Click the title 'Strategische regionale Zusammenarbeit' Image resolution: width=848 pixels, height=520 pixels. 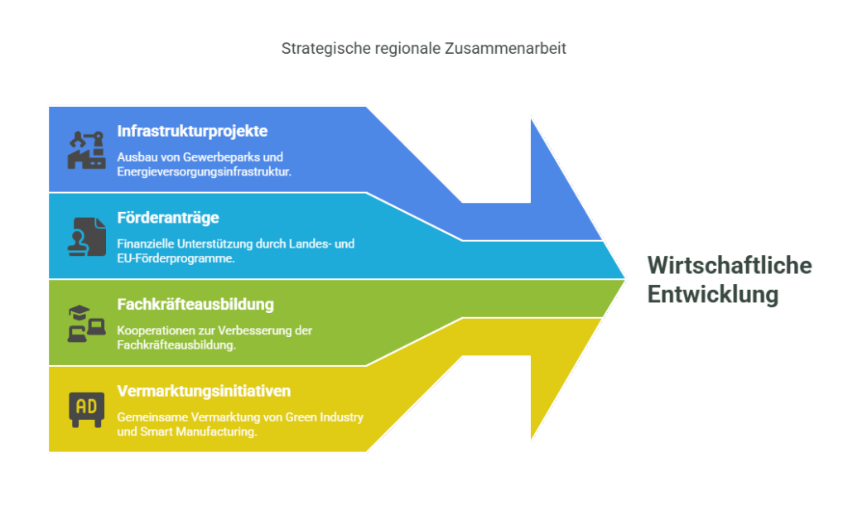click(423, 49)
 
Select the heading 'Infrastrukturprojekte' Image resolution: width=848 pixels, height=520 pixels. click(192, 132)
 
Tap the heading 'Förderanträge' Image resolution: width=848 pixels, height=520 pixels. click(168, 217)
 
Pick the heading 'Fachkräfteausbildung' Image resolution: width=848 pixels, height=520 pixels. click(195, 305)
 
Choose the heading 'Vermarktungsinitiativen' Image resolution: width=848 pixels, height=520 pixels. click(204, 391)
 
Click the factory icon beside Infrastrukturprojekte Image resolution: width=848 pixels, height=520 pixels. click(86, 150)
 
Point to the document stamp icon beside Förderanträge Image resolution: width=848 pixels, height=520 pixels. click(86, 237)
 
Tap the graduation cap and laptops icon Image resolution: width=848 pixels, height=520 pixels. click(86, 323)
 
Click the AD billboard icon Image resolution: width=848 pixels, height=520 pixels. click(86, 410)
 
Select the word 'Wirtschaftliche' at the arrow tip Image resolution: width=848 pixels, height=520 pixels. click(730, 266)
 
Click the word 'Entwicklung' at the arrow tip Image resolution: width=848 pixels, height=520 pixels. click(713, 295)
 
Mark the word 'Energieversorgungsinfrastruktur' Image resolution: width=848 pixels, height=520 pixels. click(204, 172)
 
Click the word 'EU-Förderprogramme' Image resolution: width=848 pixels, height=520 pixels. click(176, 258)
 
